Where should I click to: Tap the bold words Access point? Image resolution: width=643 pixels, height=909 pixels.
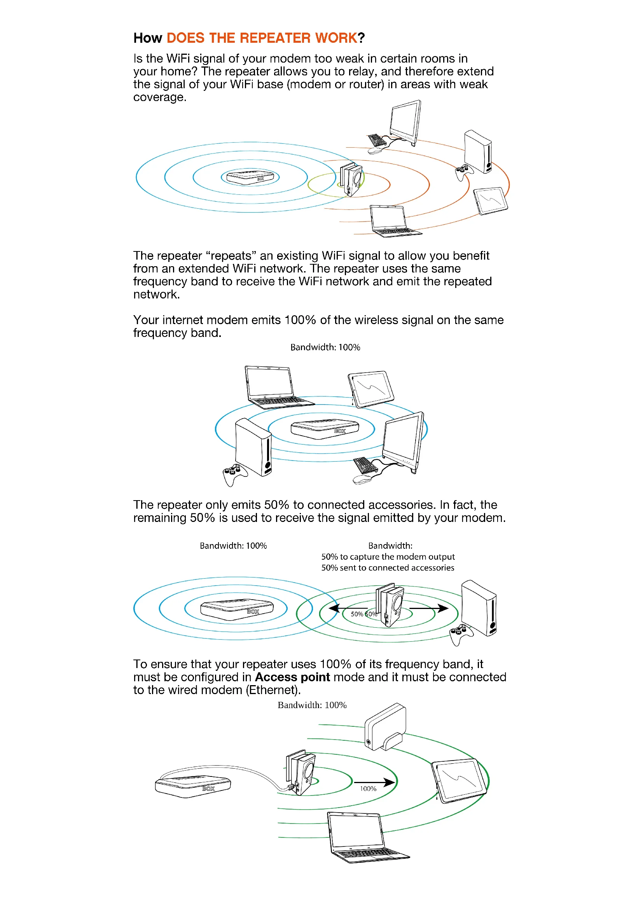292,677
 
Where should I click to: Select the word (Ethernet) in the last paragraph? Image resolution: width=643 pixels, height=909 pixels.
273,690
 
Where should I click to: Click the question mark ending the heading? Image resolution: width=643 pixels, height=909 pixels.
361,38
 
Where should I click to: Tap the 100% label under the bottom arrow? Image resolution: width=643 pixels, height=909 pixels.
368,789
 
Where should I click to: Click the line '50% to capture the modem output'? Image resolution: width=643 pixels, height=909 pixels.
388,557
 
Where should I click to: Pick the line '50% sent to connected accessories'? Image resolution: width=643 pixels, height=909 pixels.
388,568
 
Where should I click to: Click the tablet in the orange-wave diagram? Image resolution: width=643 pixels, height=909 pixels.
491,201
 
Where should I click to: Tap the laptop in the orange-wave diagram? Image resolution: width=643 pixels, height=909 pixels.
392,222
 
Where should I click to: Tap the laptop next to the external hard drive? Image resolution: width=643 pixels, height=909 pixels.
362,837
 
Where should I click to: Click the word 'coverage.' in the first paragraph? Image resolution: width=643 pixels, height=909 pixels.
159,98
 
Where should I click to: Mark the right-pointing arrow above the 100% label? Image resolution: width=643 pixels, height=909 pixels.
374,782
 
